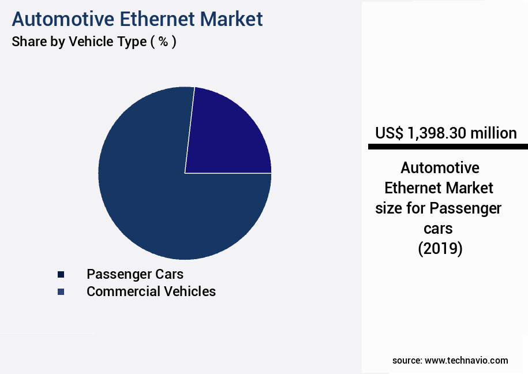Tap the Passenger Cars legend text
point(135,274)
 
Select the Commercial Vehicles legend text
point(151,291)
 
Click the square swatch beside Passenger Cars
point(61,274)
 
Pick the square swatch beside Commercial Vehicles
point(61,292)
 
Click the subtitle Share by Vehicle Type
point(79,42)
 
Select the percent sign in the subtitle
point(163,42)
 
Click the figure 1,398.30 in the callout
point(437,133)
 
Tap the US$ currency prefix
point(388,133)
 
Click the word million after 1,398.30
point(493,133)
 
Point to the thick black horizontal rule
point(448,147)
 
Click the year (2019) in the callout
point(440,249)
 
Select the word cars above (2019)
point(439,229)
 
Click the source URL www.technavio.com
point(466,360)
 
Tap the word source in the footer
point(407,360)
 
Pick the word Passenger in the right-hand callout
point(465,208)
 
